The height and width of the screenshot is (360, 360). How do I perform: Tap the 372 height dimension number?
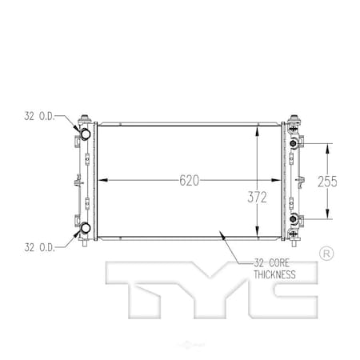point(257,196)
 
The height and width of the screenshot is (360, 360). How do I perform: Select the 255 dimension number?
point(327,181)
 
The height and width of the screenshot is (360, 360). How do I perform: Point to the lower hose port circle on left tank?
point(83,232)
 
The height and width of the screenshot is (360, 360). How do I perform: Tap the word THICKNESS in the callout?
point(270,274)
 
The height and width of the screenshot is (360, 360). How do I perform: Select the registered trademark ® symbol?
point(326,254)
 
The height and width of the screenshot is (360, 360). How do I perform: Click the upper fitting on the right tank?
point(295,143)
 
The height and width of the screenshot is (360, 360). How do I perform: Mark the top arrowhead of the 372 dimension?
point(257,128)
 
